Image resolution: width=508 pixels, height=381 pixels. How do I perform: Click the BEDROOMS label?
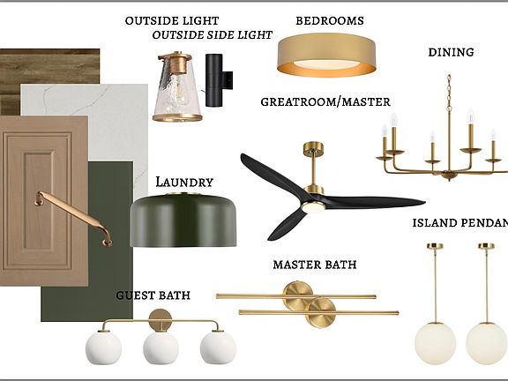pos(330,21)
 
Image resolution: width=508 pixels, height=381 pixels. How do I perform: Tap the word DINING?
pos(451,52)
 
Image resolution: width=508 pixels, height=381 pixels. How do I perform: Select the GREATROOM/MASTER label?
pos(325,101)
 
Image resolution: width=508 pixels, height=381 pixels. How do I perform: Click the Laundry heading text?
pos(184,182)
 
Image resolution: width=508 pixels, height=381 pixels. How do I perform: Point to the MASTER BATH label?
pos(315,265)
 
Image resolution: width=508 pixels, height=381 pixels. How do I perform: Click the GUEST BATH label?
pos(153,295)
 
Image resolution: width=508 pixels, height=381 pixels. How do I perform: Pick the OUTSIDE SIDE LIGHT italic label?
pos(213,35)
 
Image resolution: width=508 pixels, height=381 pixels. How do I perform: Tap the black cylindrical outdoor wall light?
pos(217,80)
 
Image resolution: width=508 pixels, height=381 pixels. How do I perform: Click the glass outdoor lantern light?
pos(177,86)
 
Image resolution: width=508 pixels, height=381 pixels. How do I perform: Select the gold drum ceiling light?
pos(326,56)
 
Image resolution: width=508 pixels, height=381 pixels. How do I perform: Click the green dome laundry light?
pos(183,220)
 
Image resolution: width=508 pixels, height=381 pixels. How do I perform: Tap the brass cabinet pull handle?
pos(74,218)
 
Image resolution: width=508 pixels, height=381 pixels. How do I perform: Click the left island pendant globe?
pos(435,343)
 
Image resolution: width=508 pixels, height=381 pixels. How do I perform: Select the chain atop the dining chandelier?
pos(449,92)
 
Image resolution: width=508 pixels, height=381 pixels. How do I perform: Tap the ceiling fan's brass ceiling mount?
pos(314,147)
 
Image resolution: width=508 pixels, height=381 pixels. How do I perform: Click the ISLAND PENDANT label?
pos(460,223)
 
